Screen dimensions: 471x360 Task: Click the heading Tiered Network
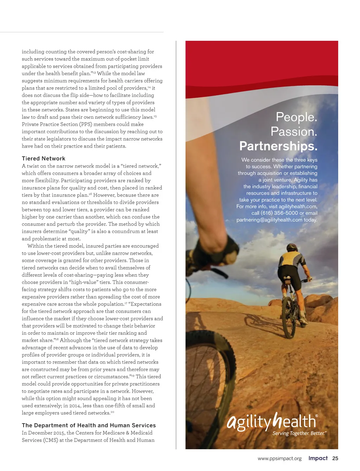pyautogui.click(x=44, y=159)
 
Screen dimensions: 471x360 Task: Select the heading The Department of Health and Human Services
pyautogui.click(x=89, y=425)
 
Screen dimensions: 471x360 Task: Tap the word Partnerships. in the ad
pyautogui.click(x=278, y=146)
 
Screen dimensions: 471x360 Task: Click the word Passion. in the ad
pyautogui.click(x=294, y=132)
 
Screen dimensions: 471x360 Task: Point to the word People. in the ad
pyautogui.click(x=296, y=117)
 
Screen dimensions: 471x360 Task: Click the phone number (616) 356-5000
pyautogui.click(x=279, y=213)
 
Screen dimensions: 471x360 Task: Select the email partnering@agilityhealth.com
pyautogui.click(x=269, y=220)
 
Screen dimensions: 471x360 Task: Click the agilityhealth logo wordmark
pyautogui.click(x=272, y=421)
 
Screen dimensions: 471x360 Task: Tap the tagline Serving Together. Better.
pyautogui.click(x=299, y=433)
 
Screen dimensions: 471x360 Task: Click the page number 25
pyautogui.click(x=335, y=458)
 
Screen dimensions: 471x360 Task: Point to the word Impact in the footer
pyautogui.click(x=318, y=458)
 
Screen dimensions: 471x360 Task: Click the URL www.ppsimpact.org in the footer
pyautogui.click(x=279, y=459)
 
